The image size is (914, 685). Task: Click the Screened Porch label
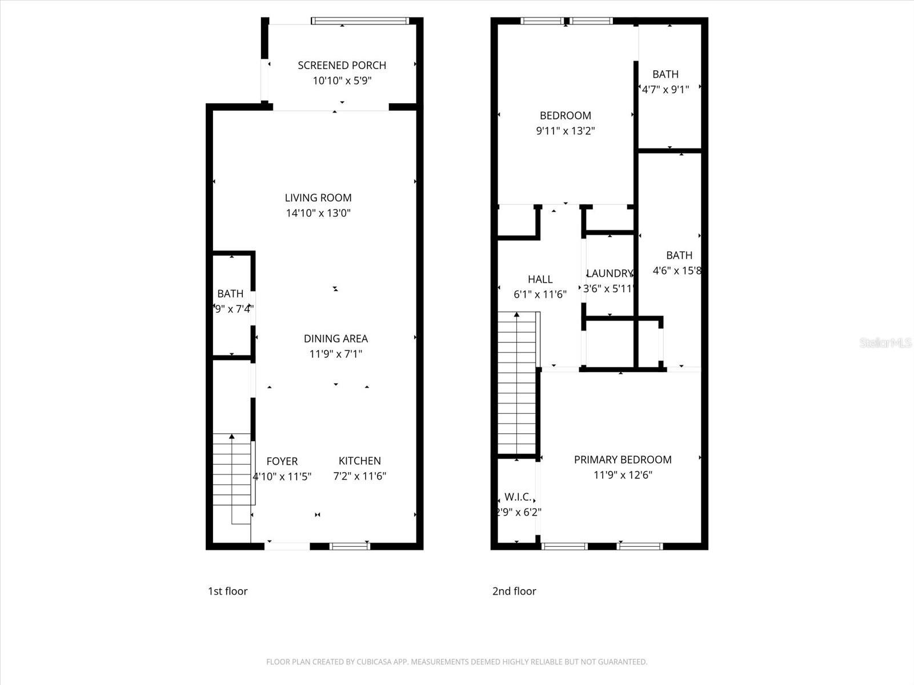[x=342, y=65]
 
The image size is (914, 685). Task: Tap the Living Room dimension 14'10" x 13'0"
[x=318, y=213]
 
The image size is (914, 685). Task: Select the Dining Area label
[x=335, y=339]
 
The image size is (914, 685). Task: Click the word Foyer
[x=282, y=461]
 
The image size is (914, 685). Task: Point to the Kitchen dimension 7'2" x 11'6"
[x=359, y=476]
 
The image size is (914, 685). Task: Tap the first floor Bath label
[x=230, y=294]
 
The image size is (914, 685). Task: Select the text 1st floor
[x=227, y=591]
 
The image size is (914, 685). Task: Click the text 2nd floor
[x=514, y=591]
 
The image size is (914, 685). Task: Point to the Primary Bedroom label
[x=623, y=460]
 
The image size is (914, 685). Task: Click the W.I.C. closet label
[x=518, y=497]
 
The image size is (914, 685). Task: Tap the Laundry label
[x=610, y=273]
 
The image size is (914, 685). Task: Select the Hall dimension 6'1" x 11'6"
[x=540, y=295]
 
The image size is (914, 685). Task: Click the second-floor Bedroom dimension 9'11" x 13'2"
[x=565, y=131]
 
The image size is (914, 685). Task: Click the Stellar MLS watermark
[x=885, y=342]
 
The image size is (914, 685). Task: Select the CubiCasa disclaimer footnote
[x=456, y=662]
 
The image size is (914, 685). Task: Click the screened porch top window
[x=360, y=21]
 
